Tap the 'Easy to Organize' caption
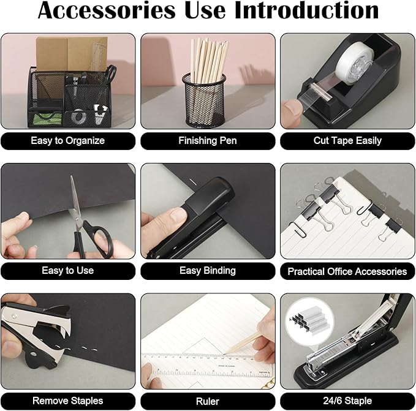tap(68, 141)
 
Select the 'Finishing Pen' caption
tap(207, 141)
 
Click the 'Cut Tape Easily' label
tap(347, 141)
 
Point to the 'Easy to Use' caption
tap(68, 271)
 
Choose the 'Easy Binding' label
tap(207, 271)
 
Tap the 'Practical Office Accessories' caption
tap(347, 271)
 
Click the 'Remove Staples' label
tap(68, 401)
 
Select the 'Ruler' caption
tap(207, 401)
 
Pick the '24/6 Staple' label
tap(347, 401)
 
